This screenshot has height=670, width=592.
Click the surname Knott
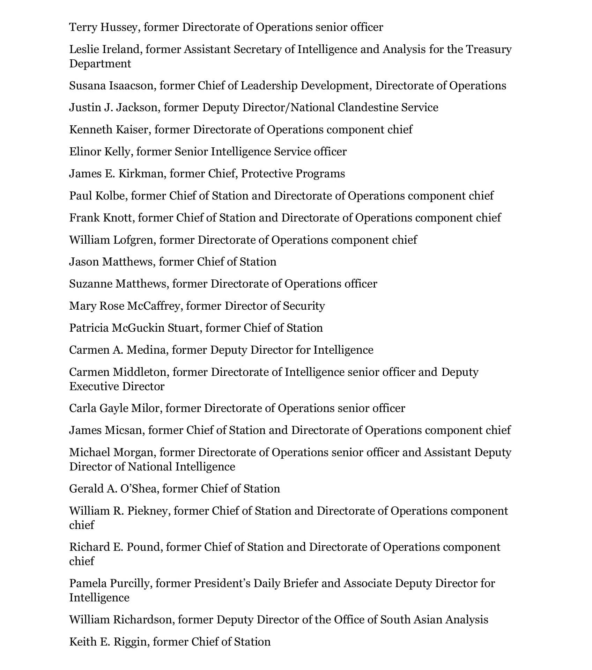118,218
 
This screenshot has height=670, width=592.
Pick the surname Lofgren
134,240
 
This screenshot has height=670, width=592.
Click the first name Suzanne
90,284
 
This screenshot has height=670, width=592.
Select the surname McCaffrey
154,306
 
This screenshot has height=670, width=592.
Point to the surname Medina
146,350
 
